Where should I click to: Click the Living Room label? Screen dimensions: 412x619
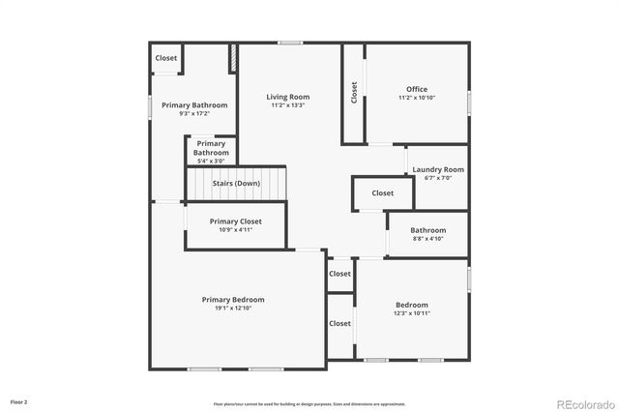[288, 97]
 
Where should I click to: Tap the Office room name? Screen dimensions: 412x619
[417, 89]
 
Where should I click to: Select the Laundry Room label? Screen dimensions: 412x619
[438, 169]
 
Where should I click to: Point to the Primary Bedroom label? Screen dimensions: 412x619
[233, 300]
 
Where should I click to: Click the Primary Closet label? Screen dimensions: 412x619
[236, 221]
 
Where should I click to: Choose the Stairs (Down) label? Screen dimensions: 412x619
[235, 183]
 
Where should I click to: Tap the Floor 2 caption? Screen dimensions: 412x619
[19, 400]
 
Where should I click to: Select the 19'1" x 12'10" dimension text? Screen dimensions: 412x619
[233, 309]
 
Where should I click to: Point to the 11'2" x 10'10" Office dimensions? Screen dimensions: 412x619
[417, 98]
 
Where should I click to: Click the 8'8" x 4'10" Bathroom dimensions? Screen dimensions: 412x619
[428, 238]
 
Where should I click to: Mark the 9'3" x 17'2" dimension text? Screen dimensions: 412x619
[194, 113]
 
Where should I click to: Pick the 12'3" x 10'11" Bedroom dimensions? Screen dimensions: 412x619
[411, 313]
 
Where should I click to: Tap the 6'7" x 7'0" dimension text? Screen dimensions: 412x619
[438, 178]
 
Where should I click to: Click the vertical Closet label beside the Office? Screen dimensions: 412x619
[354, 92]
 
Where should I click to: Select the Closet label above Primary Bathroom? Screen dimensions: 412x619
[166, 58]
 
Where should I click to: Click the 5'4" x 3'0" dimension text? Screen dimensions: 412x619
[211, 161]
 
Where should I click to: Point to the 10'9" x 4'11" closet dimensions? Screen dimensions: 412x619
[236, 230]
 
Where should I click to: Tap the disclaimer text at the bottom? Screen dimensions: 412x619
[309, 403]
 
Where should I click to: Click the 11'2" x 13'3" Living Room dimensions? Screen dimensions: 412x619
[288, 105]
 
